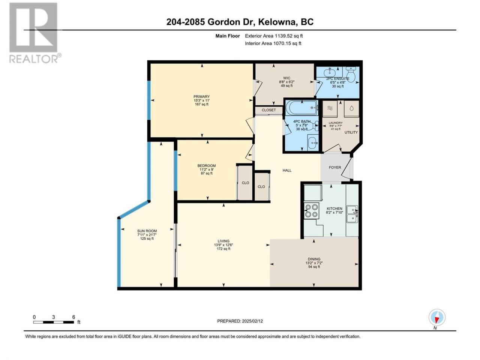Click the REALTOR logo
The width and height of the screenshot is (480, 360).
pyautogui.click(x=35, y=33)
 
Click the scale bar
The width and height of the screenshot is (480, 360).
pyautogui.click(x=53, y=322)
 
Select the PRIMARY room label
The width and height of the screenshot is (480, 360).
pyautogui.click(x=201, y=97)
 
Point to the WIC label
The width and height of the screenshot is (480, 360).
pyautogui.click(x=287, y=78)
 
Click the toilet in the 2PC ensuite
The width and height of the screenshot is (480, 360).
pyautogui.click(x=351, y=74)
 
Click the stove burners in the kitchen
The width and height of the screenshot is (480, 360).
pyautogui.click(x=311, y=211)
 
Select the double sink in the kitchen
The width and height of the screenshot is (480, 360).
pyautogui.click(x=352, y=214)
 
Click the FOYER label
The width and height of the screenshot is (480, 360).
pyautogui.click(x=335, y=167)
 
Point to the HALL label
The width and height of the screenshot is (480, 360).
pyautogui.click(x=287, y=171)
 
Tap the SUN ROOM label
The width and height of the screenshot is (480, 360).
pyautogui.click(x=147, y=231)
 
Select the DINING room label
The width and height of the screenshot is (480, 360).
pyautogui.click(x=314, y=259)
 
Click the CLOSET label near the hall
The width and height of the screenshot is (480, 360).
pyautogui.click(x=269, y=110)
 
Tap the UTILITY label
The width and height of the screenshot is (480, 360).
pyautogui.click(x=351, y=132)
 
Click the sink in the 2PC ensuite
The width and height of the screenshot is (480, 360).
pyautogui.click(x=330, y=72)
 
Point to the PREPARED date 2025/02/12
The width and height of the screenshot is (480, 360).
pyautogui.click(x=240, y=321)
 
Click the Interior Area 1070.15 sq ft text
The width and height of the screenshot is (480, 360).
pyautogui.click(x=273, y=43)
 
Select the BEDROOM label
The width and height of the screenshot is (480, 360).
pyautogui.click(x=206, y=166)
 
